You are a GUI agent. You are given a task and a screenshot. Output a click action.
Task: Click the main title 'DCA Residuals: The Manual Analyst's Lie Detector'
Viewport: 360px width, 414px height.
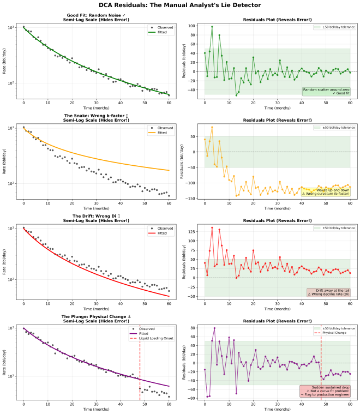click(180, 5)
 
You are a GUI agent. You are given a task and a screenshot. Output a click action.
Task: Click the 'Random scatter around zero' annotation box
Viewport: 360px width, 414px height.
click(326, 91)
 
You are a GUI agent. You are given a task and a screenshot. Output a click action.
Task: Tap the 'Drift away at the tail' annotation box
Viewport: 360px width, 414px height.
click(329, 292)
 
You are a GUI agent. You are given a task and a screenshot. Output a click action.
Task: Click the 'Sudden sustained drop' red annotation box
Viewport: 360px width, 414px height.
click(326, 391)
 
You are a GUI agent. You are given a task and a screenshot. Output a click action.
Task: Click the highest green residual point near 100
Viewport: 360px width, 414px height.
click(212, 27)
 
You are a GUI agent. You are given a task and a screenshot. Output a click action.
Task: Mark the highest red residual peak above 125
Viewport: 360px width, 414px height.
click(212, 227)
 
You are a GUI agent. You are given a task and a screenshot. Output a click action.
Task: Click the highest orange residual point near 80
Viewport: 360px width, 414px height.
click(212, 127)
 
